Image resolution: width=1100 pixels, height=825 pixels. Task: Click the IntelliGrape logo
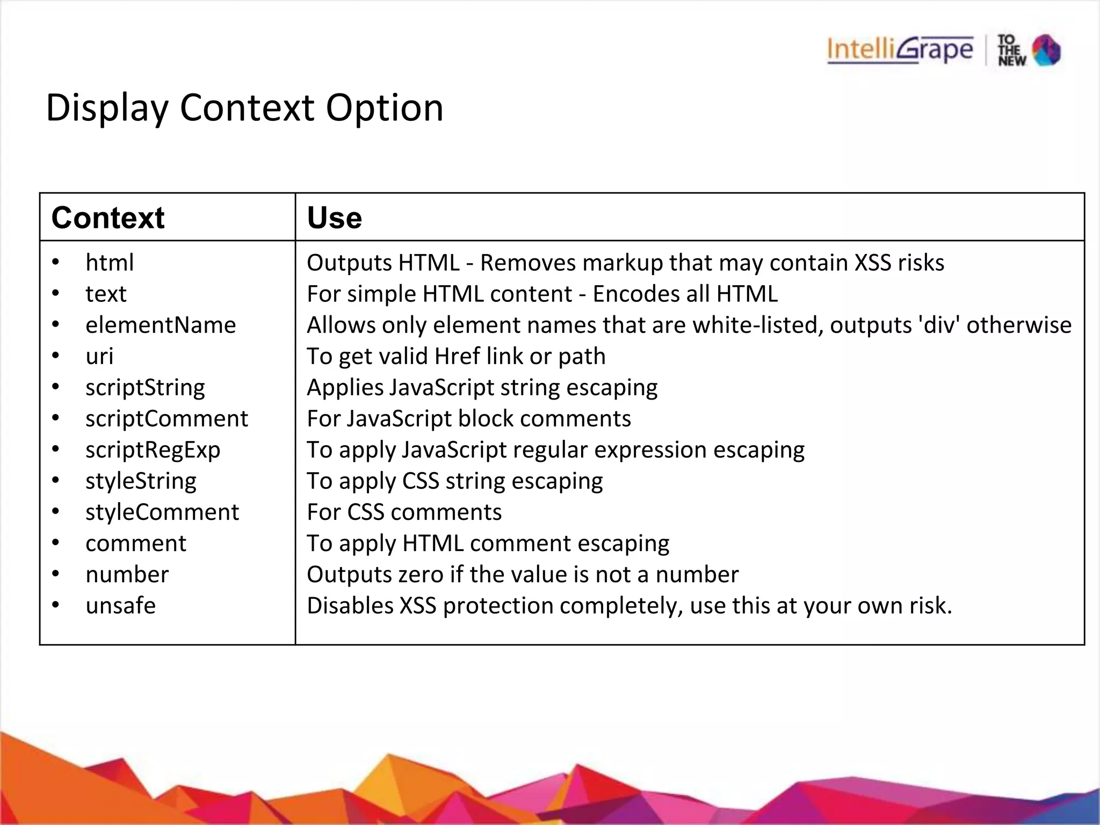[x=900, y=50]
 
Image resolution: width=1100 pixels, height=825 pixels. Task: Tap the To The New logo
[x=1029, y=50]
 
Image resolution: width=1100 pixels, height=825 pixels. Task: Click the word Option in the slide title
[x=385, y=108]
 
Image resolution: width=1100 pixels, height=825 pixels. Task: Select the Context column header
[x=108, y=218]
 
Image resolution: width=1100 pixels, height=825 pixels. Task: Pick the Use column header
[x=334, y=218]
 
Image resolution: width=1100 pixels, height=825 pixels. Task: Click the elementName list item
[x=161, y=325]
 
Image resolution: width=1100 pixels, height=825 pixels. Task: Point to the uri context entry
[x=99, y=356]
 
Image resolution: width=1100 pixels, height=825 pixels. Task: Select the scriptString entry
[x=145, y=387]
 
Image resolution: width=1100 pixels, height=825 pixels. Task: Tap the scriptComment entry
[x=167, y=418]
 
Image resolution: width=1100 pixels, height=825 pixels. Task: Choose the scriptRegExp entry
[x=153, y=450]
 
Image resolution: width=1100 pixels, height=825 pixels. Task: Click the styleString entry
[x=141, y=481]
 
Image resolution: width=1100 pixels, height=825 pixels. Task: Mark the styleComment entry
[x=162, y=512]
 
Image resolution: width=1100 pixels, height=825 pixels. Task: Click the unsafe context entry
[x=120, y=605]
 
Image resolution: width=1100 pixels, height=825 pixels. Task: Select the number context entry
[x=127, y=574]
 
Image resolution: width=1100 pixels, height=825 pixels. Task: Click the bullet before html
[x=56, y=263]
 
